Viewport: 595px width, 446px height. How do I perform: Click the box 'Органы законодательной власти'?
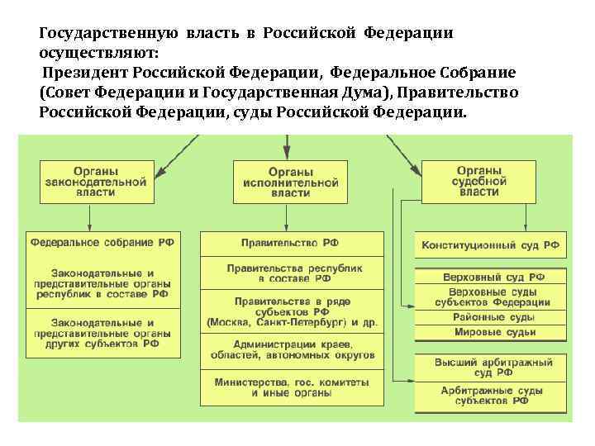(97, 183)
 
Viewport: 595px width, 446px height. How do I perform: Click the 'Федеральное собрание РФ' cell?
(103, 243)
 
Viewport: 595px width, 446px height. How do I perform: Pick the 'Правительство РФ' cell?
(291, 243)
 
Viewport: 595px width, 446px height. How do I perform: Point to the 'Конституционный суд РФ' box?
(490, 245)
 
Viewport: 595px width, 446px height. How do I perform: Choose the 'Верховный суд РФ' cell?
(490, 278)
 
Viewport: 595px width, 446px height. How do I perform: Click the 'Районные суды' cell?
(490, 317)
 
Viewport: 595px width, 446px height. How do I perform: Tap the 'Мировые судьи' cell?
(490, 332)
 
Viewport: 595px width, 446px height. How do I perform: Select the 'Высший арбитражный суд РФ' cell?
(490, 366)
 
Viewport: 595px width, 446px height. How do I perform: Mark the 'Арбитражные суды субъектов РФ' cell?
(490, 395)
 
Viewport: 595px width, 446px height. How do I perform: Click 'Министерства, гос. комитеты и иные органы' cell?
(291, 387)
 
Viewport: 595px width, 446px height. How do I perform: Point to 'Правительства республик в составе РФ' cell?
(291, 274)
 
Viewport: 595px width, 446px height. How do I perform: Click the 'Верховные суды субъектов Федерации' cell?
(490, 297)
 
